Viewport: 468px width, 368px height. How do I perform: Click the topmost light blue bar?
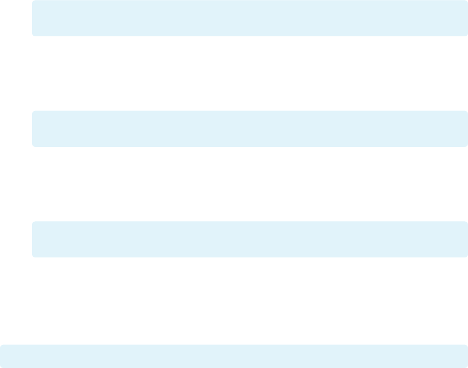[250, 18]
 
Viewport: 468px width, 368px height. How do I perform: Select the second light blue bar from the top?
[250, 129]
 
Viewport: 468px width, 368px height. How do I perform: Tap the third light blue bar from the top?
[250, 239]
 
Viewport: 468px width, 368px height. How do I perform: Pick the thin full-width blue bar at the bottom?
[234, 356]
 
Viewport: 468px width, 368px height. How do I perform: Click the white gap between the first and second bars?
[250, 74]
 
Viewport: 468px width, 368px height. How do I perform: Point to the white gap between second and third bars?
[250, 184]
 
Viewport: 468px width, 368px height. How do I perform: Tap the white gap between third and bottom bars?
[250, 301]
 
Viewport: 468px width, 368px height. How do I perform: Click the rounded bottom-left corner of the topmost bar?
[34, 35]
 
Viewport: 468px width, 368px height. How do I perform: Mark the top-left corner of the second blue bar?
[34, 112]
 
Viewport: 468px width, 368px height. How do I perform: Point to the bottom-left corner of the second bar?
[34, 145]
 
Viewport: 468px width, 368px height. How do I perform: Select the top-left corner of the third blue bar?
[34, 223]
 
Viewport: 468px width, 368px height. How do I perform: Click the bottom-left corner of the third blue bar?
[34, 256]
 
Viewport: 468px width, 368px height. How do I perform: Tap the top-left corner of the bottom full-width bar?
[2, 346]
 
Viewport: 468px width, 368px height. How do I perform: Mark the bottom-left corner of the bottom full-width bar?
[2, 366]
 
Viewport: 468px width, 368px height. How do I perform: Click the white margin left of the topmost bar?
[16, 18]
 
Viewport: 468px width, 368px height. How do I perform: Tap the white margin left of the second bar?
[16, 129]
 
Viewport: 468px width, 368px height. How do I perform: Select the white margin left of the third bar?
[16, 239]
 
